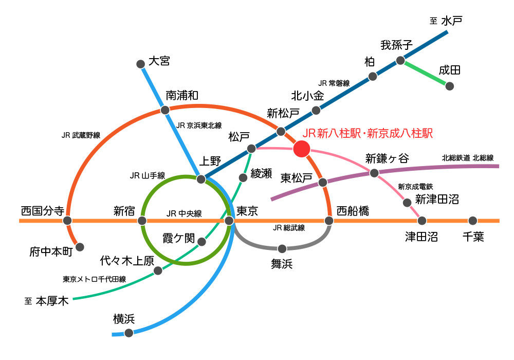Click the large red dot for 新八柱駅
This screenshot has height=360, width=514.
pyautogui.click(x=301, y=149)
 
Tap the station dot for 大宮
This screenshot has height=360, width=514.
pyautogui.click(x=140, y=64)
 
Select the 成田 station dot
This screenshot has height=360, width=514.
pyautogui.click(x=449, y=86)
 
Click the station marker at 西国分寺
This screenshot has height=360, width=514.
pyautogui.click(x=67, y=221)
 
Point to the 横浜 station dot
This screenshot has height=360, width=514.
pyautogui.click(x=128, y=333)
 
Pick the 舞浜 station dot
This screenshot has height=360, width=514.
pyautogui.click(x=282, y=248)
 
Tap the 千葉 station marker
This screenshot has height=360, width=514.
pyautogui.click(x=473, y=221)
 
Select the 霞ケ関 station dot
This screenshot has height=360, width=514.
pyautogui.click(x=201, y=242)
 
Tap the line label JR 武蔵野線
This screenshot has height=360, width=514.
pyautogui.click(x=81, y=135)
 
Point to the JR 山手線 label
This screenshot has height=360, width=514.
pyautogui.click(x=148, y=176)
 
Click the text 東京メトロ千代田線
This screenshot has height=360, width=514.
pyautogui.click(x=95, y=279)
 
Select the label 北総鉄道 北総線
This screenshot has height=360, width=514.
pyautogui.click(x=467, y=158)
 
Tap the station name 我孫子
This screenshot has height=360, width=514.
pyautogui.click(x=396, y=45)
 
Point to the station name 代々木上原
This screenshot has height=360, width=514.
pyautogui.click(x=127, y=261)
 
